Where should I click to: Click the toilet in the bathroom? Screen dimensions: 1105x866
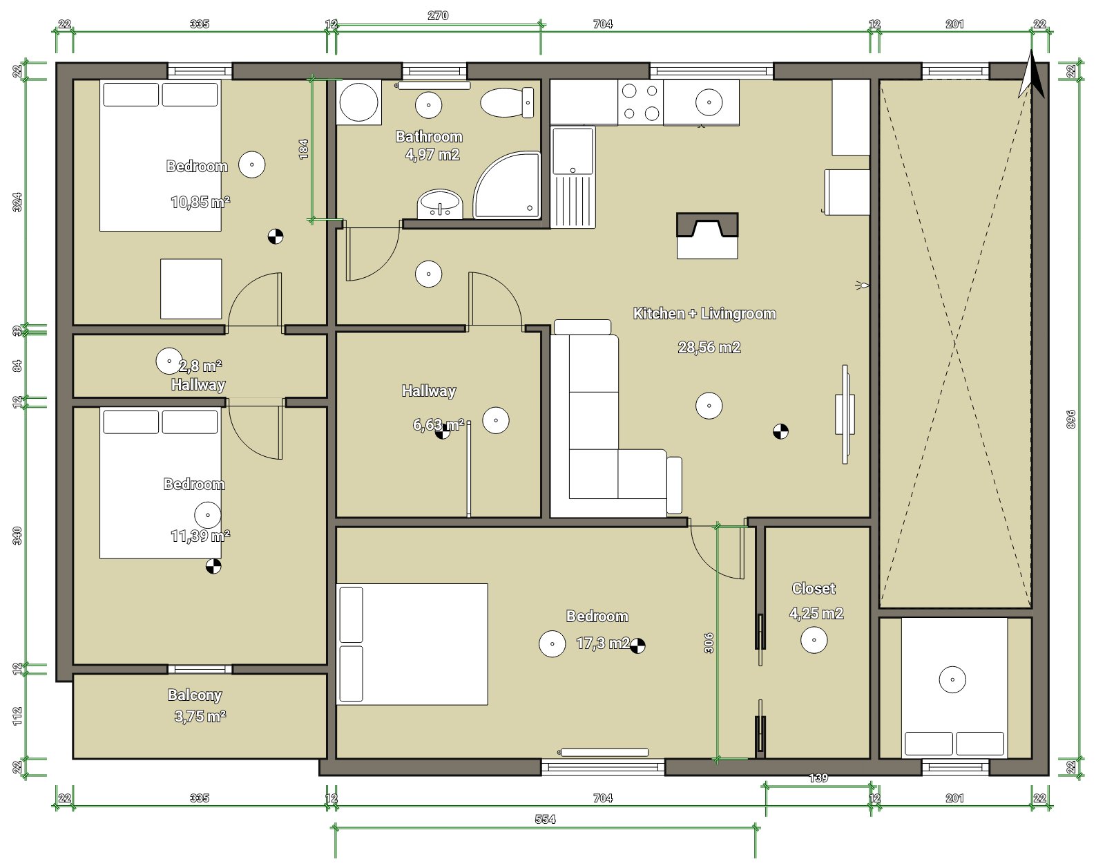pyautogui.click(x=507, y=102)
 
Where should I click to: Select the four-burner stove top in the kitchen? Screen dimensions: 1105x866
pyautogui.click(x=641, y=102)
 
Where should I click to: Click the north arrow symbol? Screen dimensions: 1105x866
pyautogui.click(x=1031, y=75)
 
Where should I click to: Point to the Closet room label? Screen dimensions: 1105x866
pyautogui.click(x=814, y=588)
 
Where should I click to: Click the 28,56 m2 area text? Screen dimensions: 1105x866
pyautogui.click(x=709, y=347)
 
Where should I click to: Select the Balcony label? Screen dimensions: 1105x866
pyautogui.click(x=195, y=695)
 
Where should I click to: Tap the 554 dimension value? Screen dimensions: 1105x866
pyautogui.click(x=545, y=819)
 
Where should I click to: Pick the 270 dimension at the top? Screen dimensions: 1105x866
pyautogui.click(x=438, y=16)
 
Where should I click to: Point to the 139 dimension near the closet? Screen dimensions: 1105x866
pyautogui.click(x=818, y=778)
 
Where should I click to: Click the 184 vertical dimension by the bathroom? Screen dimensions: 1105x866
pyautogui.click(x=304, y=149)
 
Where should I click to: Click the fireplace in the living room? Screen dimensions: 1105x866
pyautogui.click(x=707, y=236)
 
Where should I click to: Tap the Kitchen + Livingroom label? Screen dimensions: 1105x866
pyautogui.click(x=704, y=313)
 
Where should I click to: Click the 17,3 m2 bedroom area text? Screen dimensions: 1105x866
pyautogui.click(x=604, y=643)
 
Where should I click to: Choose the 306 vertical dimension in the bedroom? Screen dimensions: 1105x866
pyautogui.click(x=709, y=643)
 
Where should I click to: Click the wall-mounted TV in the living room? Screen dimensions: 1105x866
pyautogui.click(x=845, y=414)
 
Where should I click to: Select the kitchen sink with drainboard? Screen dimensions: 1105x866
pyautogui.click(x=573, y=177)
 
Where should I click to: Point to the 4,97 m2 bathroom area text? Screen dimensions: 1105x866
pyautogui.click(x=432, y=154)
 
